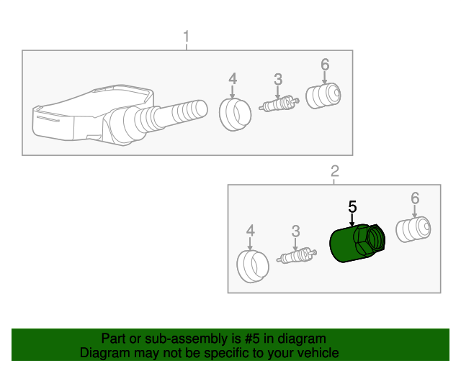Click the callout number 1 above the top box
[186, 37]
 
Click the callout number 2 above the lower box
[335, 171]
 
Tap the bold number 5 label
[352, 206]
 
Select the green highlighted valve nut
[357, 243]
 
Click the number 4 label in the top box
[233, 79]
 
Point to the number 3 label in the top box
[278, 79]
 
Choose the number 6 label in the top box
[325, 64]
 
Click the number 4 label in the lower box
[250, 231]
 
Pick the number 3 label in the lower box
[295, 231]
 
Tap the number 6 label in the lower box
[415, 198]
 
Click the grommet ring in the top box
[236, 114]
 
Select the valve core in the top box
[279, 103]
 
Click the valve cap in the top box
[323, 96]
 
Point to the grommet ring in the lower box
[253, 267]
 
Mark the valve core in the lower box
[296, 255]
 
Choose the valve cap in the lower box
[413, 229]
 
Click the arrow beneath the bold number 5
[352, 220]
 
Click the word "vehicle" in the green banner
[318, 353]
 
